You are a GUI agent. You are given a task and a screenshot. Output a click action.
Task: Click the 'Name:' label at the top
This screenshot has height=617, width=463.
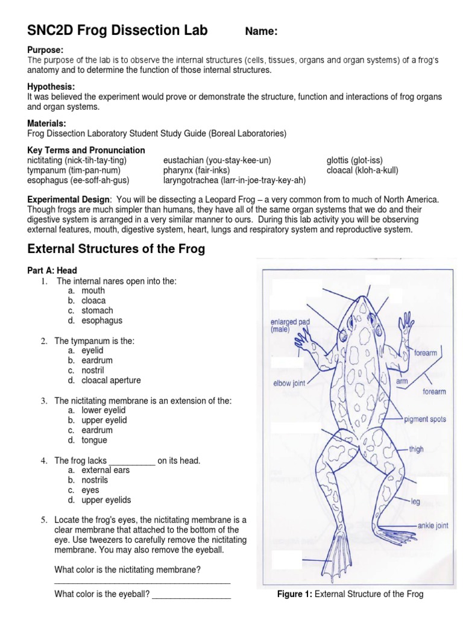click(261, 33)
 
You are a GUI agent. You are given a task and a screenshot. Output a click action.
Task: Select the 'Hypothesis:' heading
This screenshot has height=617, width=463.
click(51, 87)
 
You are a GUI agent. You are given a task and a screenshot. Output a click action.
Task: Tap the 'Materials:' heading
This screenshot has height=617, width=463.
click(48, 123)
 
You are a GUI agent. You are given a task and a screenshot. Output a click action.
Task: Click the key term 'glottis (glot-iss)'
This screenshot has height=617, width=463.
click(354, 160)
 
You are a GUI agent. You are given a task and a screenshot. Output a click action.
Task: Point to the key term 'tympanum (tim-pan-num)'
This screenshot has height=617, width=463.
click(77, 170)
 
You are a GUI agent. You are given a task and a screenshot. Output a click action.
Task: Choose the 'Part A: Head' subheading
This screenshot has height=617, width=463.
click(52, 271)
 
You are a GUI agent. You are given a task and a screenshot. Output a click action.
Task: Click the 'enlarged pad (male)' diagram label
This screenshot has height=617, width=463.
click(290, 325)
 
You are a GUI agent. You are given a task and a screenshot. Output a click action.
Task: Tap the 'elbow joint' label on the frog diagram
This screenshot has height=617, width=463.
click(289, 383)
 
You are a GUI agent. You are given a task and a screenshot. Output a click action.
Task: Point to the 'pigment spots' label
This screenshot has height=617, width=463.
click(425, 419)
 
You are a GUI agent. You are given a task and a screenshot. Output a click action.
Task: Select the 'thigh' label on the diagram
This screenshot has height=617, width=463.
click(416, 449)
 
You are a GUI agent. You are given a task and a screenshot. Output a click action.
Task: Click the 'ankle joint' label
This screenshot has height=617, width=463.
click(433, 525)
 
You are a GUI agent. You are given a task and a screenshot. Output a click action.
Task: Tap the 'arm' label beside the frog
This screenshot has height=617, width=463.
click(402, 381)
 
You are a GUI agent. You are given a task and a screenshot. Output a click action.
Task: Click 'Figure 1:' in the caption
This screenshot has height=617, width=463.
click(294, 594)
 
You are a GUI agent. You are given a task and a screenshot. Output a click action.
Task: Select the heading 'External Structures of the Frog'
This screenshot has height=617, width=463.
click(117, 249)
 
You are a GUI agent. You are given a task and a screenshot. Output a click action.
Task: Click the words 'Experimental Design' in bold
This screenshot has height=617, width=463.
click(69, 199)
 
